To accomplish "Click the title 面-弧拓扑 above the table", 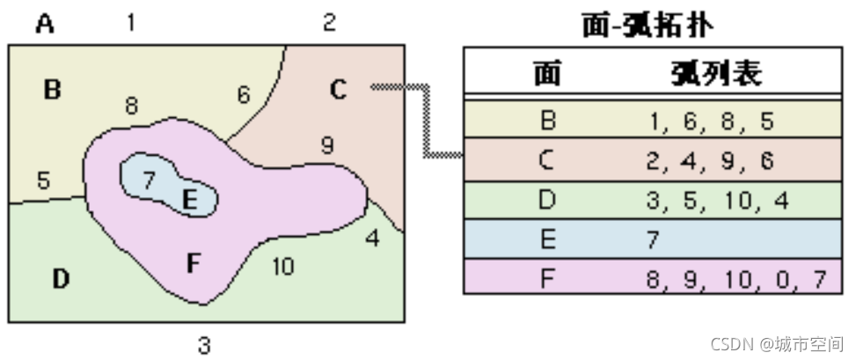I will point(647,25).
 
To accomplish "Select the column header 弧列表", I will point(713,75).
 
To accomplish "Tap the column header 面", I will point(547,75).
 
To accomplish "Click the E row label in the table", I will point(547,240).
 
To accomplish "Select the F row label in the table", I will point(547,279).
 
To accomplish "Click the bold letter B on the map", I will point(52,89).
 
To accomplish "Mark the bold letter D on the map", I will point(60,280).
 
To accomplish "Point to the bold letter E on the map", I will point(189,201).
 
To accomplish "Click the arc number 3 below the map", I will point(204,345).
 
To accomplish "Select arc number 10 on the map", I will point(282,266).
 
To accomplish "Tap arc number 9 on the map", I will point(326,145).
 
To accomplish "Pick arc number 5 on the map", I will point(43,181).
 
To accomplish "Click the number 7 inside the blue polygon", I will point(149,180).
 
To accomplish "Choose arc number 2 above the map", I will point(328,23).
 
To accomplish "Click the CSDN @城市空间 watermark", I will point(776,343).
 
